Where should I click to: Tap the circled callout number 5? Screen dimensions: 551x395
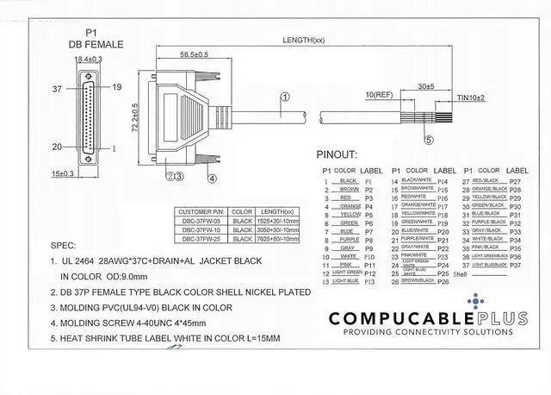click(428, 139)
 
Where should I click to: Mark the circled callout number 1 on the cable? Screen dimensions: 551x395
click(283, 98)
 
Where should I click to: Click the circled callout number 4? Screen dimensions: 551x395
click(211, 179)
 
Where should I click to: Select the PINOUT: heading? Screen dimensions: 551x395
click(336, 155)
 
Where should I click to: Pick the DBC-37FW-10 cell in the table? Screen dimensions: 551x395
click(201, 229)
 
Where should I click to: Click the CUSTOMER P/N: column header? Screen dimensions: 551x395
click(201, 211)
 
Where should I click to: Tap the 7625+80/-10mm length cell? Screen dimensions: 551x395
click(276, 237)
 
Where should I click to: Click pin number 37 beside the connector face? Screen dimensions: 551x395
click(58, 88)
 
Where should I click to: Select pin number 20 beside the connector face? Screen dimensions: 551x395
click(58, 147)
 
